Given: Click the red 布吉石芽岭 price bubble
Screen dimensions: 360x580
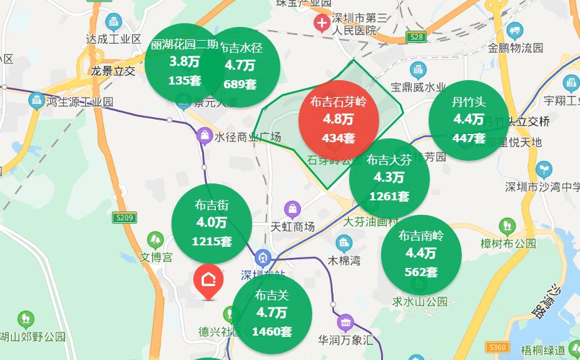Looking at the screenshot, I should click(338, 119).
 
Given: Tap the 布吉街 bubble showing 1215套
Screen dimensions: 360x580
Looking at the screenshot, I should click(211, 223).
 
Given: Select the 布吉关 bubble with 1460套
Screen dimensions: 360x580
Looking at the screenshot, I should click(272, 313).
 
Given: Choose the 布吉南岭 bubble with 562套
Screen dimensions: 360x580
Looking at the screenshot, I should click(421, 254).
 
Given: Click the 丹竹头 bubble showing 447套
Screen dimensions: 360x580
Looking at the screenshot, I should click(469, 120).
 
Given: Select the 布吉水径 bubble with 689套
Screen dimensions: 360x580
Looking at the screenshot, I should click(243, 65).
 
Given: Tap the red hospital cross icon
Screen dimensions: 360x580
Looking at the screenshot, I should click(322, 24).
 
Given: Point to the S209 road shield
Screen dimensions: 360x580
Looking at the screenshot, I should click(125, 218).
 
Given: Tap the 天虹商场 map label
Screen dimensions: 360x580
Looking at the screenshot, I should click(293, 227).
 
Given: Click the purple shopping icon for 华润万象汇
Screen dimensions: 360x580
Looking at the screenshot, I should click(345, 323).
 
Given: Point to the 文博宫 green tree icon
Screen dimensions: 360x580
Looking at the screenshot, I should click(155, 240).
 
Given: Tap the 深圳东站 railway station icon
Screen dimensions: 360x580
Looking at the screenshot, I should click(263, 257).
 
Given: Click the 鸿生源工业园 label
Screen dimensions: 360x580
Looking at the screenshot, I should click(79, 101).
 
